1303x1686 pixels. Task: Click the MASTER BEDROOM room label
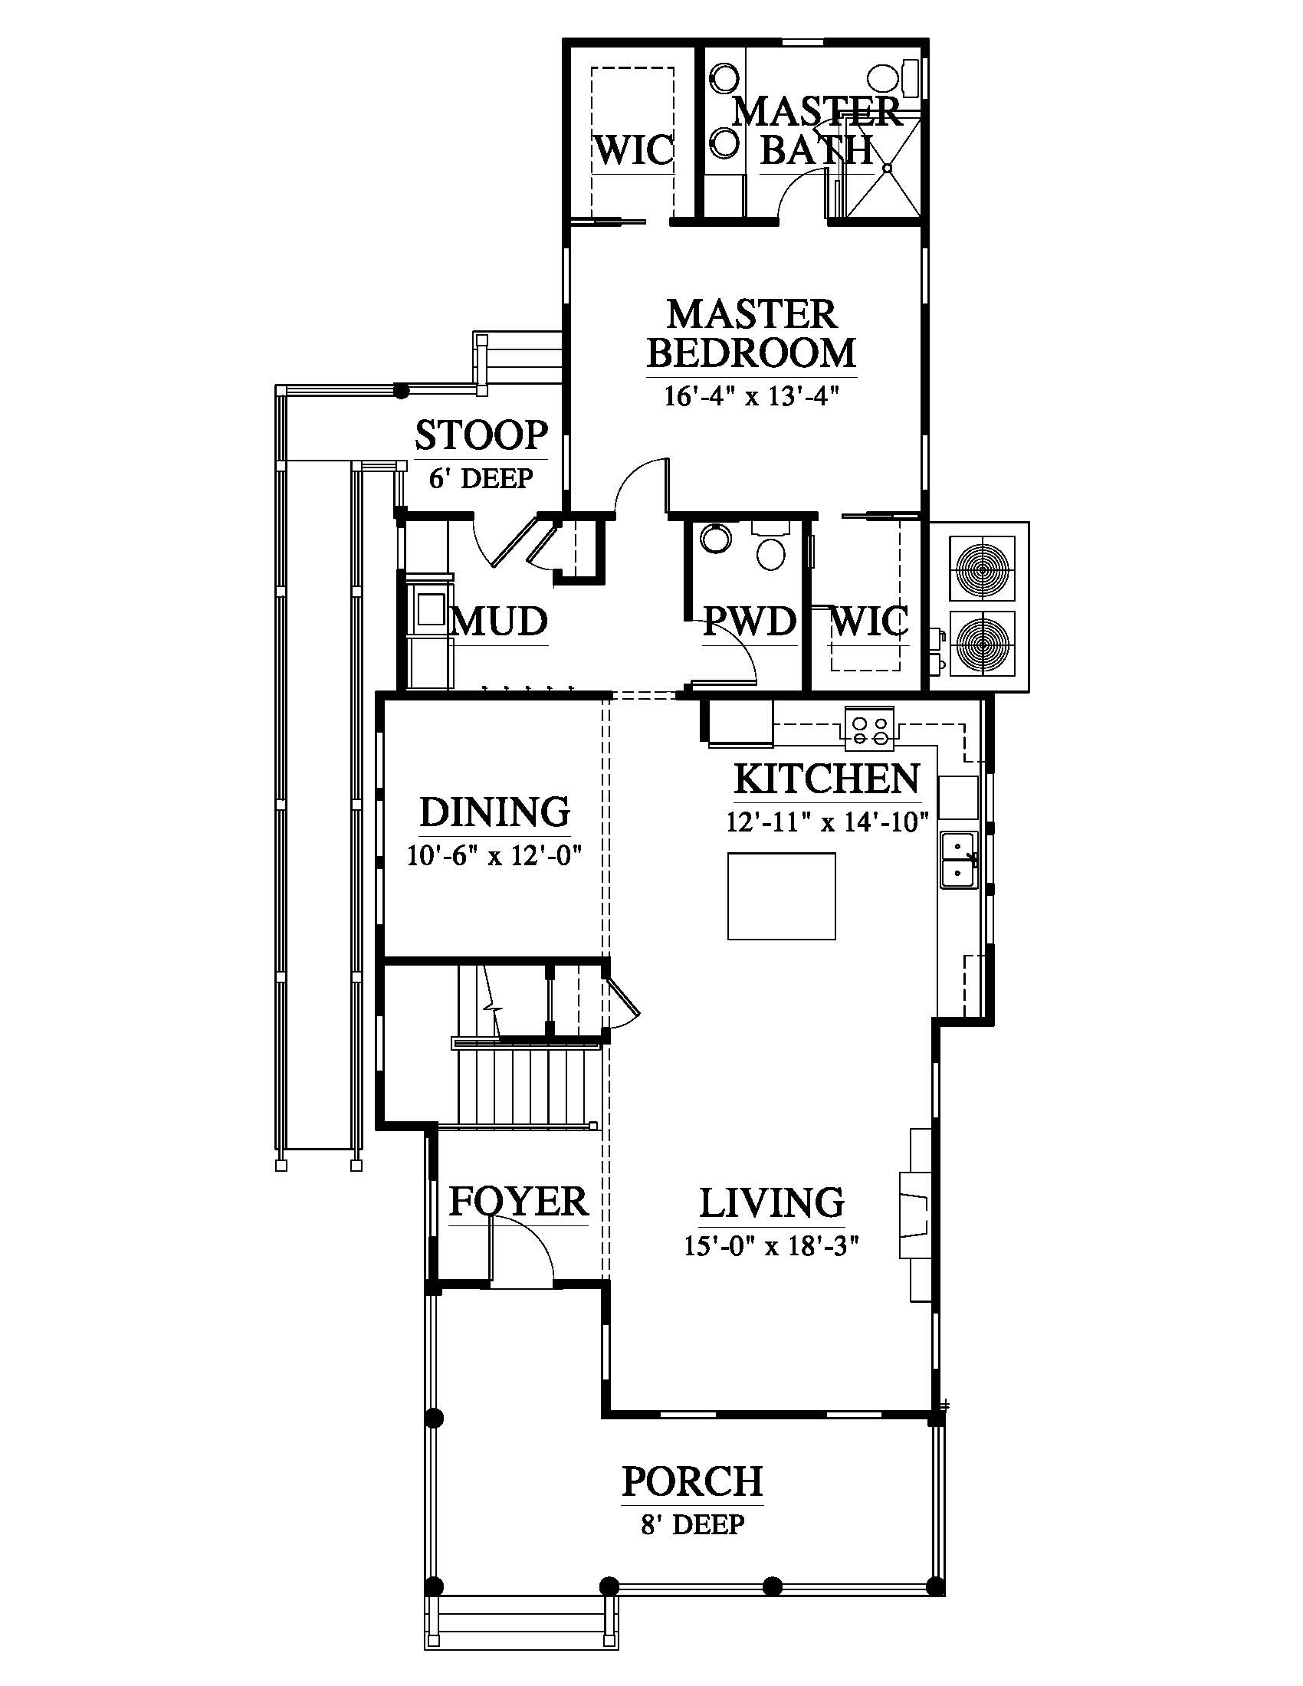[751, 334]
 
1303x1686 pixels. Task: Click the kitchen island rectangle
[781, 895]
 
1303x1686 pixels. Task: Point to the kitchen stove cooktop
[870, 729]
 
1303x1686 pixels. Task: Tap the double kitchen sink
[959, 859]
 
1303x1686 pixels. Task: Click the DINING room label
[495, 812]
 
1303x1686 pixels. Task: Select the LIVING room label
[772, 1202]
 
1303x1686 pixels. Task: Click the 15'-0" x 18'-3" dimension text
[772, 1245]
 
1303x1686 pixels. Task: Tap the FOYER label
[519, 1201]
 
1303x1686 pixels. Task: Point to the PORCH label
[692, 1481]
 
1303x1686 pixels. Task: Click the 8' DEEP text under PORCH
[692, 1524]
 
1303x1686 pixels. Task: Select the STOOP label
[481, 435]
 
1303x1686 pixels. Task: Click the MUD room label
[501, 622]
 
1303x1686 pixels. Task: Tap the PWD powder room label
[750, 622]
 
